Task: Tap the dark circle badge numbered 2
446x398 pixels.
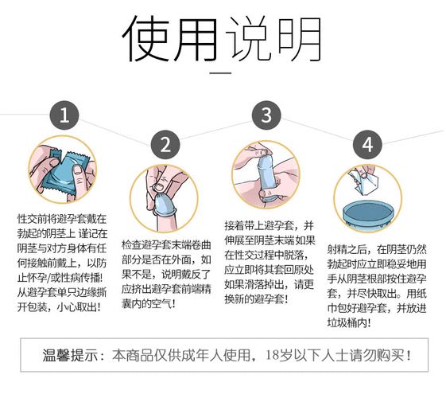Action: (165, 145)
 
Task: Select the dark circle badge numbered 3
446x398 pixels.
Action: (266, 114)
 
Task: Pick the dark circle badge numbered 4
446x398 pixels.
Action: (366, 144)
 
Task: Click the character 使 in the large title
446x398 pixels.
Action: (148, 38)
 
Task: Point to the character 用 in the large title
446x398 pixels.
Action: (197, 38)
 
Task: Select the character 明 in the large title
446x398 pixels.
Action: (297, 38)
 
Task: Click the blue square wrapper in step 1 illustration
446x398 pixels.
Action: (64, 169)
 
